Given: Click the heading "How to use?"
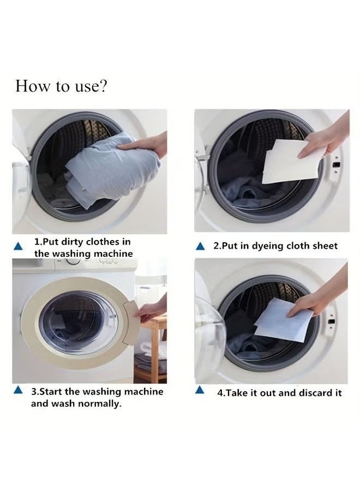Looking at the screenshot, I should pos(61,86).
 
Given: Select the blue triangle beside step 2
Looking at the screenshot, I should pos(201,247).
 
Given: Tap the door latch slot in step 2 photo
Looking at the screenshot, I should pos(337,164).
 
